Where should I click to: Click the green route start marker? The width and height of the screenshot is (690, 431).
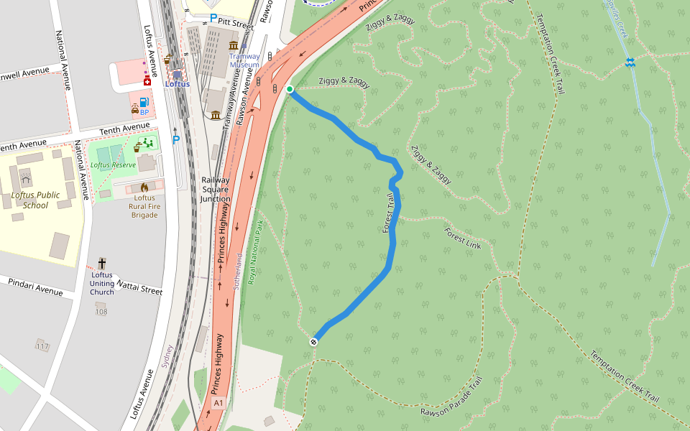pyautogui.click(x=290, y=89)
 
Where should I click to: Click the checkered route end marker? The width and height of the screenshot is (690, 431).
pyautogui.click(x=314, y=342)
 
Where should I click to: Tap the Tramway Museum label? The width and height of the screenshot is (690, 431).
pyautogui.click(x=244, y=60)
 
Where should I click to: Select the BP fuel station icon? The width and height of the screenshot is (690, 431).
pyautogui.click(x=144, y=102)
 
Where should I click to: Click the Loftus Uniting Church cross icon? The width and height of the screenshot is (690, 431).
pyautogui.click(x=102, y=264)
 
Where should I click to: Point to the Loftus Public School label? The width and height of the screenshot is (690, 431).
pyautogui.click(x=35, y=200)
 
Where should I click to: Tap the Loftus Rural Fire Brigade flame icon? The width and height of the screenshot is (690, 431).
pyautogui.click(x=144, y=187)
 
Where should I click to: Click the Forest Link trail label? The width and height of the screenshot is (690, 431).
pyautogui.click(x=462, y=238)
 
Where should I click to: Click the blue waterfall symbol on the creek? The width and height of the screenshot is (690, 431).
pyautogui.click(x=630, y=63)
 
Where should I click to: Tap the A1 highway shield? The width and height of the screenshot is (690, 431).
pyautogui.click(x=218, y=404)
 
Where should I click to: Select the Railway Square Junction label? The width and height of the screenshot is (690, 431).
pyautogui.click(x=215, y=190)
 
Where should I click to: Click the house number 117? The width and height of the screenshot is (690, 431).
pyautogui.click(x=42, y=347)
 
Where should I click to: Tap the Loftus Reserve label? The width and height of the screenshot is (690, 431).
pyautogui.click(x=113, y=165)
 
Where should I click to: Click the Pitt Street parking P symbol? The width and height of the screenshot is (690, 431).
pyautogui.click(x=213, y=18)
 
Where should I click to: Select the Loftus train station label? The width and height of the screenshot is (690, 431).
pyautogui.click(x=177, y=84)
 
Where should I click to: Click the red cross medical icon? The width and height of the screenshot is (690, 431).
pyautogui.click(x=147, y=83)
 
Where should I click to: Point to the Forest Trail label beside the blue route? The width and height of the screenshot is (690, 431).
pyautogui.click(x=389, y=213)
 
